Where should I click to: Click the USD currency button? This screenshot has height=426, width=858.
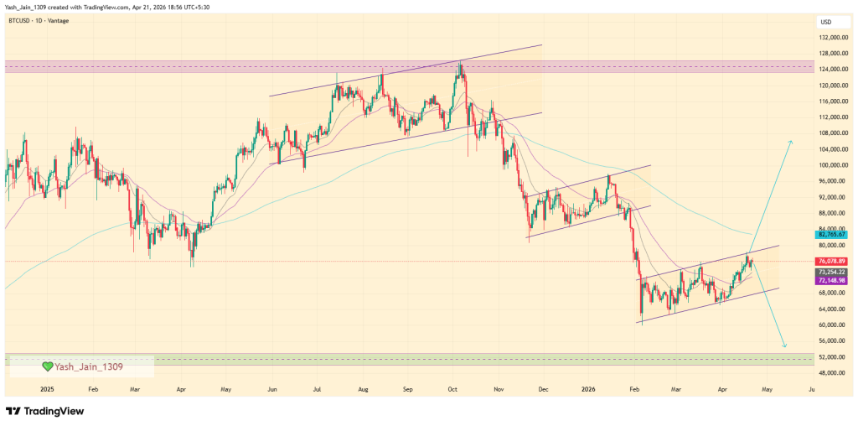(x=825, y=22)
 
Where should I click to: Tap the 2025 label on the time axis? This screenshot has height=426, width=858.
(x=47, y=390)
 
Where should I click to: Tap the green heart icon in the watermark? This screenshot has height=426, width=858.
(x=48, y=366)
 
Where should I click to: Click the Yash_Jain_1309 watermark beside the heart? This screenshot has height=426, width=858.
(x=90, y=366)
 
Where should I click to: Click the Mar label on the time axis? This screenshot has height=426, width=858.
(x=134, y=390)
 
